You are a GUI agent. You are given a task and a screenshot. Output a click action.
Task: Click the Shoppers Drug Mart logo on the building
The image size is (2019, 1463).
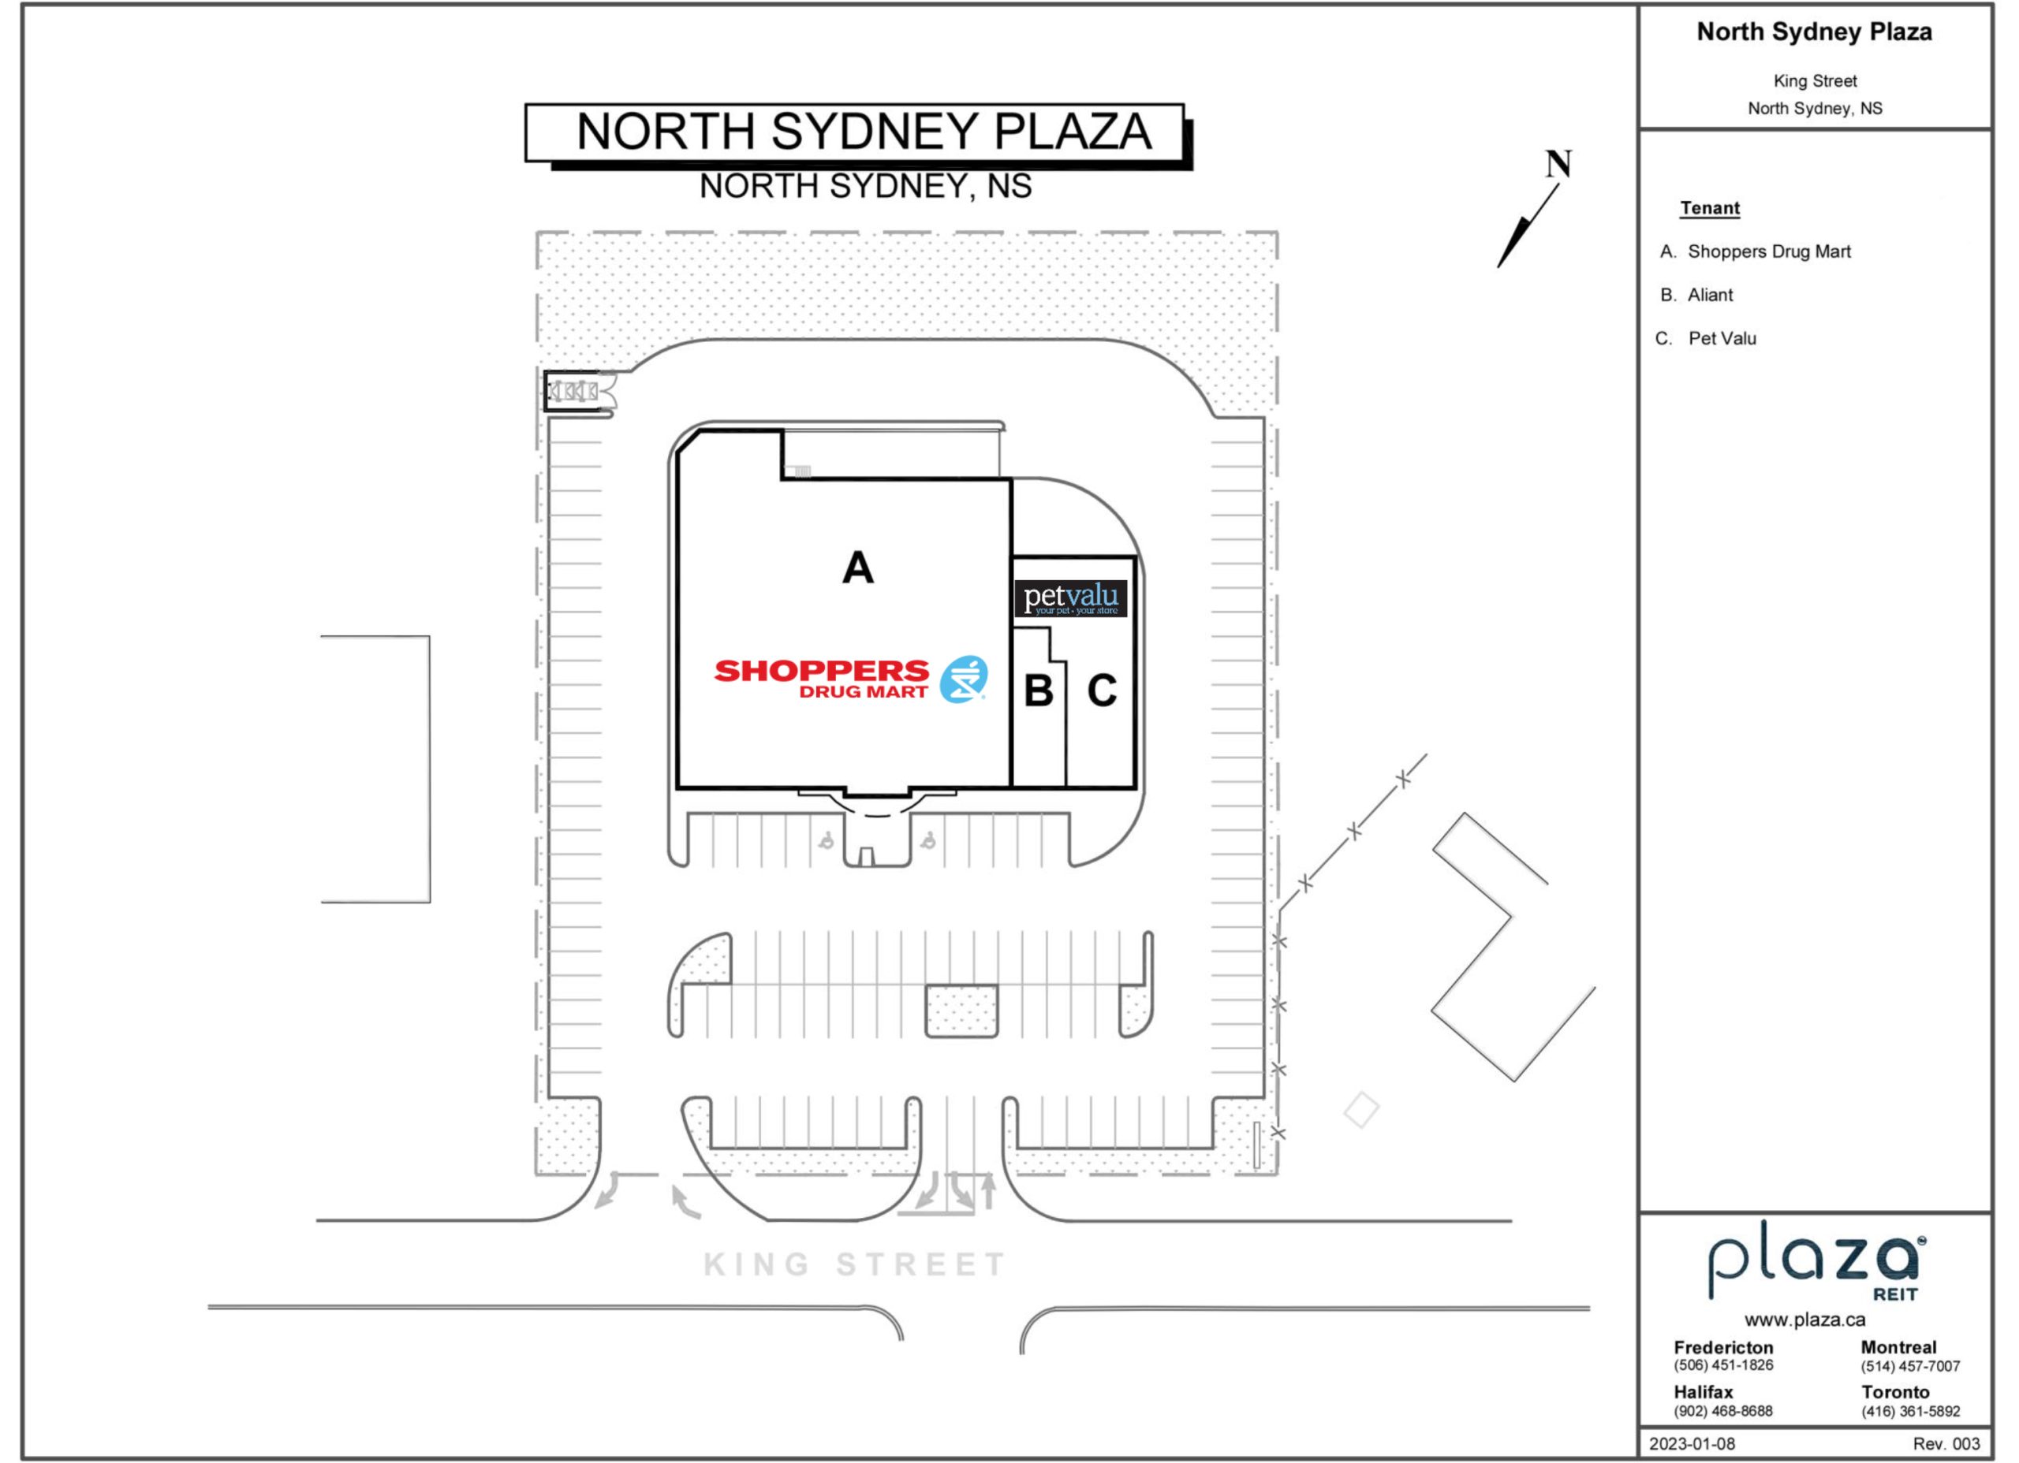850,679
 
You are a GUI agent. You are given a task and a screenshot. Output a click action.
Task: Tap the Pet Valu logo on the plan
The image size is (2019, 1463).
1071,598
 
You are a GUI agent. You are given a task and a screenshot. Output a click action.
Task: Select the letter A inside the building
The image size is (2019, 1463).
858,568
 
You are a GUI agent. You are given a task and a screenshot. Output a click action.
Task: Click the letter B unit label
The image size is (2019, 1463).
1039,691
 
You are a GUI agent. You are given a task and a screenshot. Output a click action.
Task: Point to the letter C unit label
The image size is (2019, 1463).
1102,691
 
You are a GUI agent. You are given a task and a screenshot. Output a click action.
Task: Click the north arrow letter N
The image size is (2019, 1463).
1558,165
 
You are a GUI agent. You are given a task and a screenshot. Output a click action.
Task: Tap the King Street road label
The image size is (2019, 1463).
855,1264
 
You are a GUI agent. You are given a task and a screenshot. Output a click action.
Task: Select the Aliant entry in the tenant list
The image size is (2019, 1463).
1696,296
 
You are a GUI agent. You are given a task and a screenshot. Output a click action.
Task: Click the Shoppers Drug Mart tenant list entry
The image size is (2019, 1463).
1756,251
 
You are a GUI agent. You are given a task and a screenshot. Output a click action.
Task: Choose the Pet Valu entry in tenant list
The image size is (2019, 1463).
1706,339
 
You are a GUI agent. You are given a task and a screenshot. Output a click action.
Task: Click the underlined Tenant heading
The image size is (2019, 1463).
1710,208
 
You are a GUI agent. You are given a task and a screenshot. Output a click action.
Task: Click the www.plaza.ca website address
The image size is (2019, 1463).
1804,1320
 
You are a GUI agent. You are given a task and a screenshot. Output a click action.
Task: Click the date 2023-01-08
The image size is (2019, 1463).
1692,1443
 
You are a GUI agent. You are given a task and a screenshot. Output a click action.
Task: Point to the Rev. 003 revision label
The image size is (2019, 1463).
1946,1443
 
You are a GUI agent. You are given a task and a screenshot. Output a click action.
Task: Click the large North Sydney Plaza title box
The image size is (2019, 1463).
855,132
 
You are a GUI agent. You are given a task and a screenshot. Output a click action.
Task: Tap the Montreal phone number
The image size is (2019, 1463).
1910,1367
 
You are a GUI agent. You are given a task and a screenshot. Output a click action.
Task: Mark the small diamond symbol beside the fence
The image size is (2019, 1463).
1361,1110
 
